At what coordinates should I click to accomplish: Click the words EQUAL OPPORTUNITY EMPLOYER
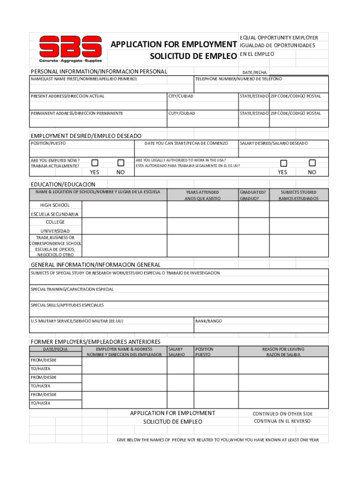click(279, 37)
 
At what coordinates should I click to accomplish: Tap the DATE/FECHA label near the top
click(255, 73)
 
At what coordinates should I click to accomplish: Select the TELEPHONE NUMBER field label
click(238, 79)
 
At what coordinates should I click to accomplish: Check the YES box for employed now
click(95, 163)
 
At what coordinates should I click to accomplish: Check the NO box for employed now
click(121, 163)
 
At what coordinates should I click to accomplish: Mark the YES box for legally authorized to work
click(283, 163)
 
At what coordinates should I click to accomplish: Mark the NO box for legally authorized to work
click(312, 163)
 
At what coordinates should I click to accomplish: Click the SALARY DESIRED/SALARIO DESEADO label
click(274, 143)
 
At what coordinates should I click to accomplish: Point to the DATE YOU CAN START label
click(186, 143)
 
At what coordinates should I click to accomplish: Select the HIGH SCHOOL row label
click(55, 205)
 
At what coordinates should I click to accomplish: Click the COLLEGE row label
click(55, 222)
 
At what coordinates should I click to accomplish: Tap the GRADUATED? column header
click(253, 192)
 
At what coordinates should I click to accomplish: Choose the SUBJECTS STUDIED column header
click(298, 192)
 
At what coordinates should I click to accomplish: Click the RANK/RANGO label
click(209, 321)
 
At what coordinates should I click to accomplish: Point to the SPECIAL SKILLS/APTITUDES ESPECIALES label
click(67, 305)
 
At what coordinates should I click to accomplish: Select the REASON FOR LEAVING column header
click(283, 349)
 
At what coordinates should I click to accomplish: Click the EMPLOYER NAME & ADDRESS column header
click(124, 349)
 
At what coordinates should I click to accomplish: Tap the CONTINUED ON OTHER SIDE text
click(282, 414)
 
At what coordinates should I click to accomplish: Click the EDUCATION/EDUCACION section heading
click(63, 185)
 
